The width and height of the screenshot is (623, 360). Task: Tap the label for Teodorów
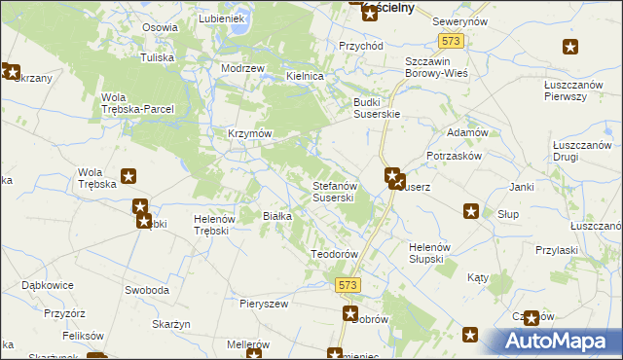coord(335,253)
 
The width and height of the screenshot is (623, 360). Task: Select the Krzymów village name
coord(248,133)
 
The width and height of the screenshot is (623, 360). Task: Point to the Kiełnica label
coord(304,75)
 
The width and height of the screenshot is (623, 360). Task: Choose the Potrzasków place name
coord(456,156)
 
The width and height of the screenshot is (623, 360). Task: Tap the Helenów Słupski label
coord(426,252)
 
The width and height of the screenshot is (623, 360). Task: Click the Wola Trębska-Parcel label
coord(137,102)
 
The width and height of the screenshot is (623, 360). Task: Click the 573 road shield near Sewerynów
coord(449,41)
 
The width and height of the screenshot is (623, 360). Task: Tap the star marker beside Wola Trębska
coord(128,177)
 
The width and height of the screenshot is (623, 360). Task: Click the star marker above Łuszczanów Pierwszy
coord(569,47)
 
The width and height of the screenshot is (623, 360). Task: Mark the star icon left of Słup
coord(471,211)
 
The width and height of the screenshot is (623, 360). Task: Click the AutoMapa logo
coord(561,342)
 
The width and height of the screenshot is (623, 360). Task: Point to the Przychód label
coord(361,46)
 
